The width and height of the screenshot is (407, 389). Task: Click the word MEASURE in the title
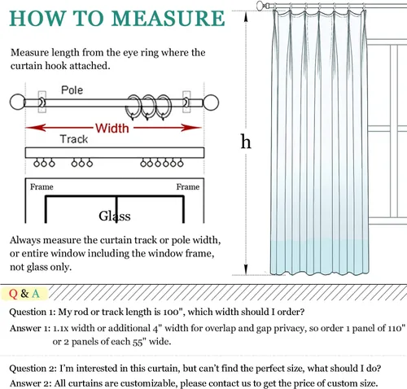click(x=168, y=18)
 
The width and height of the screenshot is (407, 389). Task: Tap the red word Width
click(x=112, y=128)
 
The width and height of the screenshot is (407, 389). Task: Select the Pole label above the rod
click(x=72, y=90)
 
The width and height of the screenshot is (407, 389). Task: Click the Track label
click(x=74, y=139)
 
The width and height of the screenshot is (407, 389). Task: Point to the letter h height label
click(x=246, y=142)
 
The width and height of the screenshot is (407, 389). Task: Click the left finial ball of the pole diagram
click(x=17, y=102)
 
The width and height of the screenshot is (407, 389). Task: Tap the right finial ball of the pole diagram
click(x=211, y=103)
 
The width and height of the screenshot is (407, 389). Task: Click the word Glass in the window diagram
click(x=115, y=216)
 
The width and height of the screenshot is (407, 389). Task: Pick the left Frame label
click(x=42, y=187)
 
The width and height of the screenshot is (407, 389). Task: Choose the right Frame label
click(x=188, y=187)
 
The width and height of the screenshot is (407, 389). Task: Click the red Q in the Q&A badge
click(x=13, y=294)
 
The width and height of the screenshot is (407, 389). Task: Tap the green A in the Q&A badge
click(x=36, y=294)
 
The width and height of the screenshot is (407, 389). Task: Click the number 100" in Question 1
click(x=172, y=312)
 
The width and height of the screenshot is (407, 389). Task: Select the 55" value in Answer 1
click(x=139, y=342)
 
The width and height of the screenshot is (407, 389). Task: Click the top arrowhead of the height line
click(x=246, y=16)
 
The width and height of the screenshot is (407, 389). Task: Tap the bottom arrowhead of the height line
click(x=246, y=269)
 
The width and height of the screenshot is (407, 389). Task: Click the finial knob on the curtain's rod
click(x=260, y=5)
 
